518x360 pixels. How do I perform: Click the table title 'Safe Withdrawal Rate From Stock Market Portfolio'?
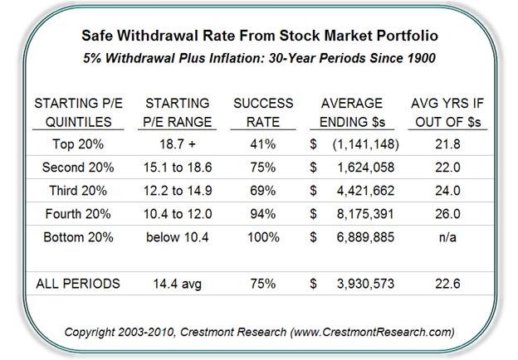(x=259, y=36)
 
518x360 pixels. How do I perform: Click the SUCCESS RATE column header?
(x=263, y=111)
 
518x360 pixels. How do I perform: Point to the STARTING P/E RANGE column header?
(x=176, y=111)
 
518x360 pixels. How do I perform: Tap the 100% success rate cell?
(x=263, y=236)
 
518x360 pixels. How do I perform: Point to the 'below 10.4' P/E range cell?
(x=176, y=236)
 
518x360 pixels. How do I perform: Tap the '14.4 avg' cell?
(x=176, y=283)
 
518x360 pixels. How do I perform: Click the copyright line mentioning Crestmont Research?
(x=259, y=332)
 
